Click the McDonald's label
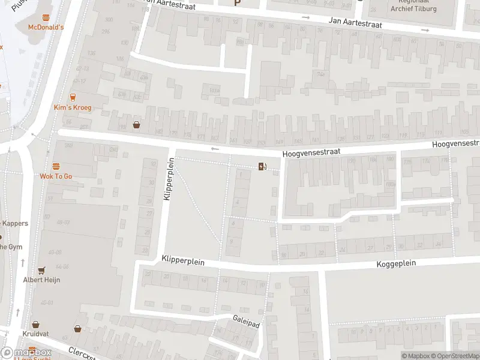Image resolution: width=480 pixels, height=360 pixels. click(46, 28)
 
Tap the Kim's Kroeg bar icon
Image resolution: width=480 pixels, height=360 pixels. click(73, 97)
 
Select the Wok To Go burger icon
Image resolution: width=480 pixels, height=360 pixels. click(56, 166)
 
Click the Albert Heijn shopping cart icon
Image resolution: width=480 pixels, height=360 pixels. click(41, 271)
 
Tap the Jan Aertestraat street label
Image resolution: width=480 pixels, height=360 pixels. click(355, 22)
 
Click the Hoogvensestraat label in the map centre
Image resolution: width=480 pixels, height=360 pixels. click(311, 153)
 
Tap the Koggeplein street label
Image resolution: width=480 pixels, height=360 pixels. click(396, 263)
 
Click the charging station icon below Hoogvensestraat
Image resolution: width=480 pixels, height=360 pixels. click(262, 166)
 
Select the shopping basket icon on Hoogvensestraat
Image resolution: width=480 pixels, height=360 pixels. click(137, 125)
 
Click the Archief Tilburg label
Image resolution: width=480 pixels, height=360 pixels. click(413, 9)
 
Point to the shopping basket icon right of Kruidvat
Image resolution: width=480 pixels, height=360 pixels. click(77, 328)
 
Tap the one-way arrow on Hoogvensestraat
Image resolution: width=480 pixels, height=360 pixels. click(215, 149)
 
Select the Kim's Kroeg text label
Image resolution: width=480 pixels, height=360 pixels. click(73, 107)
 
